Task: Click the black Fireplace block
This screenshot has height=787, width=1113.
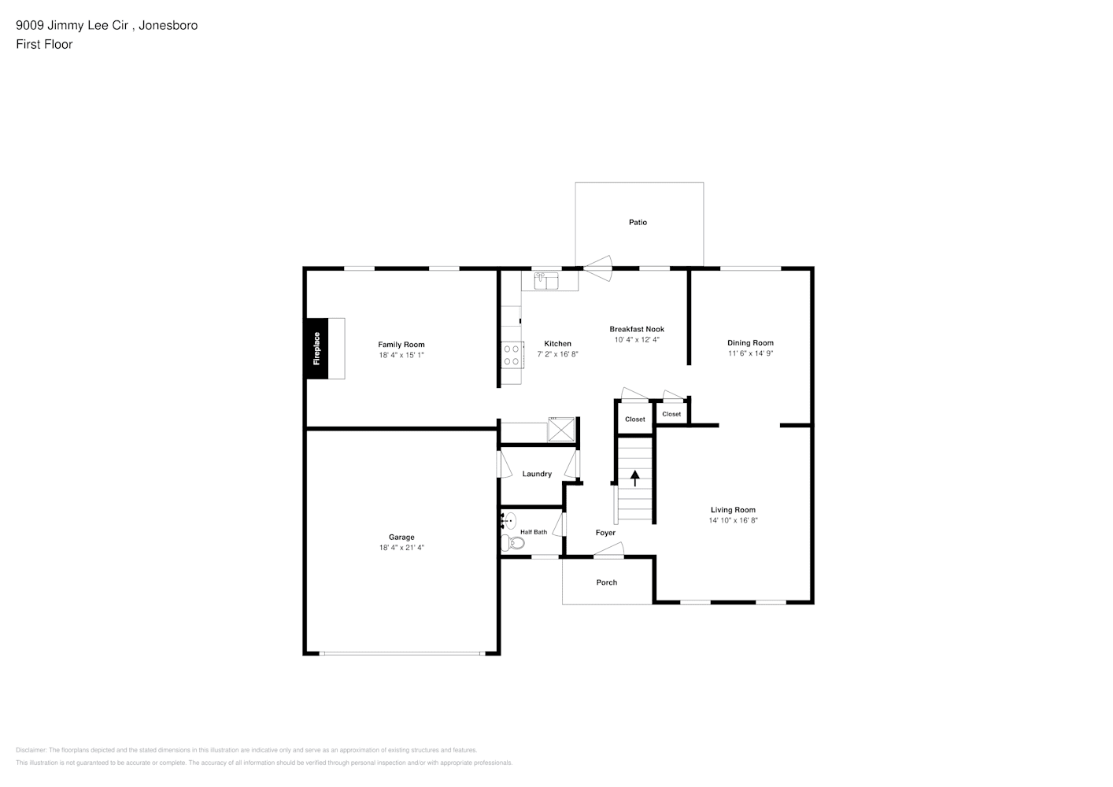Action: coord(316,349)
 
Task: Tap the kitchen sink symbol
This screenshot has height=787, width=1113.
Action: coord(546,280)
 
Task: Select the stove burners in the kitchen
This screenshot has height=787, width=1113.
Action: coord(512,355)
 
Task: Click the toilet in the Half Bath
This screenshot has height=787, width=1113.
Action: coord(512,542)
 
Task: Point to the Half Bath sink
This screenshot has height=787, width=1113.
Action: coord(508,521)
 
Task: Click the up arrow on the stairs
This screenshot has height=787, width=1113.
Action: coord(634,478)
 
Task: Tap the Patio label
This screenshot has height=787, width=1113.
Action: coord(638,222)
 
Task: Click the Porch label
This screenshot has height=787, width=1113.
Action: coord(607,582)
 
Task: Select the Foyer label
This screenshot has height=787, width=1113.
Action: coord(605,533)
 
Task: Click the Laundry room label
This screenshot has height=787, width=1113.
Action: coord(537,474)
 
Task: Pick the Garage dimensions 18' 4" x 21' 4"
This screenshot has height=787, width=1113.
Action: coord(401,547)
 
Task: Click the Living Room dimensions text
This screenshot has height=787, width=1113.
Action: coord(733,520)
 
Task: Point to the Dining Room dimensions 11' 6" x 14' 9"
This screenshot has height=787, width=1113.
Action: coord(750,353)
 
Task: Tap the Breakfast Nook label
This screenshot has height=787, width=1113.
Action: coord(637,329)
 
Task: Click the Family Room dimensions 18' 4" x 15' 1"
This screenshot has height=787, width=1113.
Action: coord(401,355)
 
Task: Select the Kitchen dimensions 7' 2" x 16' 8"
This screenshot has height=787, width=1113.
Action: coord(557,353)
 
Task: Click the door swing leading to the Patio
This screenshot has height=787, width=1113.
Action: coord(597,268)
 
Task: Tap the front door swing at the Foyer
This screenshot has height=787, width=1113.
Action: coord(609,549)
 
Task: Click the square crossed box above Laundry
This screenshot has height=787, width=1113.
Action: coord(561,429)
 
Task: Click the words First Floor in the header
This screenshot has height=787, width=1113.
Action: coord(44,44)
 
